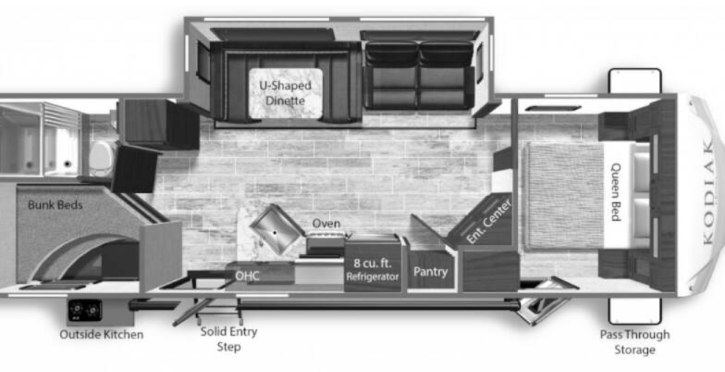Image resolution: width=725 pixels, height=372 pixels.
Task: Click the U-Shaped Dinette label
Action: [285, 93]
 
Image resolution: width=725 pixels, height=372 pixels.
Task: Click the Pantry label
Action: [431, 272]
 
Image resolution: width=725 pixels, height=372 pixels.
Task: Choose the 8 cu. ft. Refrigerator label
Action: [373, 270]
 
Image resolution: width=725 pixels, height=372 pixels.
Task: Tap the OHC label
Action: [248, 275]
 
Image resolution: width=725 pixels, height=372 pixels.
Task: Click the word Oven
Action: [326, 223]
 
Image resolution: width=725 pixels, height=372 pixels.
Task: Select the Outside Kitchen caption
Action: [101, 334]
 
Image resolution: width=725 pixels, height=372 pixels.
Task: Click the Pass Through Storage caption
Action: [634, 342]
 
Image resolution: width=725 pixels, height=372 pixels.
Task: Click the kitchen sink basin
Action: [274, 230]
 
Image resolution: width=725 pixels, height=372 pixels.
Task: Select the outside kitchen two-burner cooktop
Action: [85, 310]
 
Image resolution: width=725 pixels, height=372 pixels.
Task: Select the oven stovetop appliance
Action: [326, 240]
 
